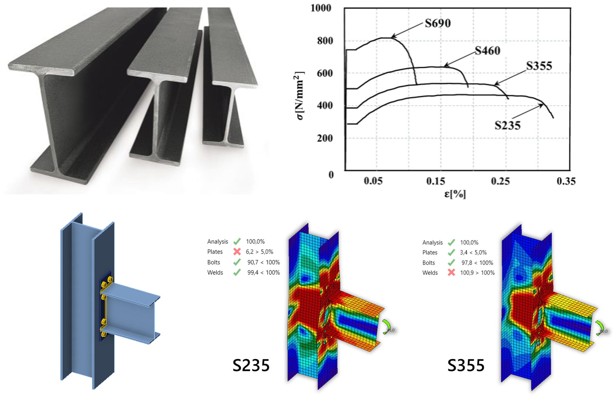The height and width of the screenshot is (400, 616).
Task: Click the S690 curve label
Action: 438,23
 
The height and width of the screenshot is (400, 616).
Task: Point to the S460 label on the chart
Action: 487,51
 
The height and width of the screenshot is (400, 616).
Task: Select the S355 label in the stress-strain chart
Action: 539,66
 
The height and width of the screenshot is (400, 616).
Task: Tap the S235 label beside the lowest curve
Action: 507,125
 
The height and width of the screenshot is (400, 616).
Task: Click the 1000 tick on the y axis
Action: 321,8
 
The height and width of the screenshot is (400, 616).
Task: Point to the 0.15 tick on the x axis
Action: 435,181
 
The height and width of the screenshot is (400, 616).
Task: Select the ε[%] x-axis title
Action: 455,194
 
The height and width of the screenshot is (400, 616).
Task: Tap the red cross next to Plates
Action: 237,252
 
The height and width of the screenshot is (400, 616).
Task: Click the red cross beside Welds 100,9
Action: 451,272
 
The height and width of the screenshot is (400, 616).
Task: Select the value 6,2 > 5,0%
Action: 259,252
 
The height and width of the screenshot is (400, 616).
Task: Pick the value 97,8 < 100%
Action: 477,263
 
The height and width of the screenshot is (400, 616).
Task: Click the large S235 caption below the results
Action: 251,365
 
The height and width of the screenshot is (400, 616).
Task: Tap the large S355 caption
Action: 466,365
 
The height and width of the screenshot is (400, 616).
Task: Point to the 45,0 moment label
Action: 390,330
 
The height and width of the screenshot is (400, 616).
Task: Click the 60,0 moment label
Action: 603,331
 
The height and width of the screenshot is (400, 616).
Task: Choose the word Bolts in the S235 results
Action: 214,262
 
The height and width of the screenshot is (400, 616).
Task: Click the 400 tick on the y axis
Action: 325,105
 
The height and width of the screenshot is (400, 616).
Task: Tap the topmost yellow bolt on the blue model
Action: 110,279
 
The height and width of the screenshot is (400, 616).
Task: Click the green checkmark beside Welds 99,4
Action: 237,272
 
